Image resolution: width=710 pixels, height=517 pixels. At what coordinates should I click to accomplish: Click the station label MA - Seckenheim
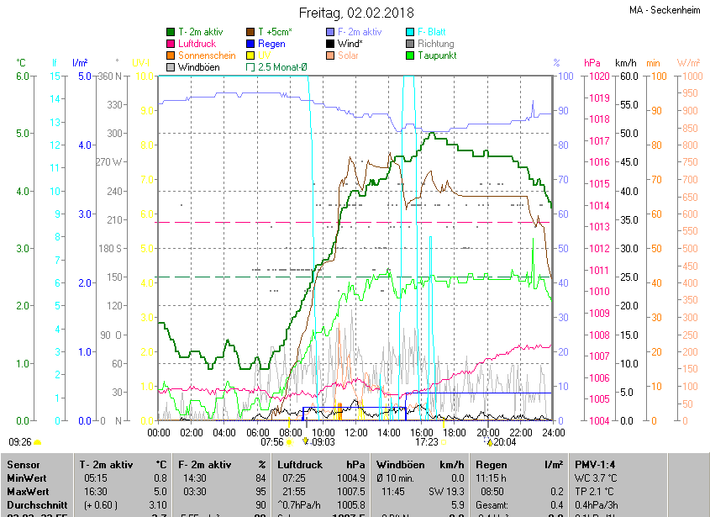point(665,10)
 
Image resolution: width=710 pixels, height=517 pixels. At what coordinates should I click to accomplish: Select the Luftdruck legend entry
point(198,44)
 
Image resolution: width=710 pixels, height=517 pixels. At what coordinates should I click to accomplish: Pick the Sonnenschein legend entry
point(207,55)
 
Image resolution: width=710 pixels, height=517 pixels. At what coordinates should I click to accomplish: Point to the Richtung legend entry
point(435,44)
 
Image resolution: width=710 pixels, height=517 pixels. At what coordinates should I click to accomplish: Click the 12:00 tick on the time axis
point(355,432)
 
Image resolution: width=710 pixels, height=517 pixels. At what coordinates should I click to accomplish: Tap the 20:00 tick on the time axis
point(486,432)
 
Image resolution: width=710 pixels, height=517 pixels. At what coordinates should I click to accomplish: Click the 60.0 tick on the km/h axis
point(626,76)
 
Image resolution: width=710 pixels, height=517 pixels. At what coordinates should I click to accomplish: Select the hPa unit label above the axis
point(592,63)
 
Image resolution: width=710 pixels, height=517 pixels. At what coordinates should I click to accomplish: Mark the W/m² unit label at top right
point(689,63)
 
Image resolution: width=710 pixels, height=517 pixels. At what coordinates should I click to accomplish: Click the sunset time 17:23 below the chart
point(427,441)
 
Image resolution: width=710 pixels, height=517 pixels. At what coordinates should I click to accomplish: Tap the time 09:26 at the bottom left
point(20,441)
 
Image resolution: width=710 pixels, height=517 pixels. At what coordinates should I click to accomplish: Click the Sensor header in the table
point(24,464)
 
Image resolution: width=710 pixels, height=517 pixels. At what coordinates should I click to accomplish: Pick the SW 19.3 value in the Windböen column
point(446,491)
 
